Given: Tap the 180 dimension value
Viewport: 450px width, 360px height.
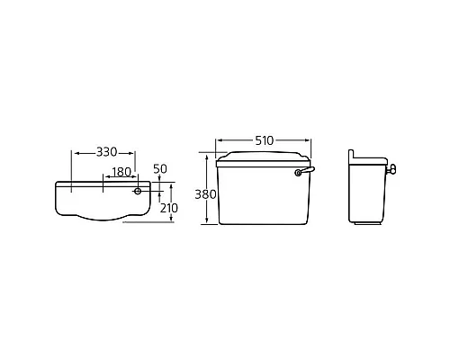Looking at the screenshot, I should click(x=121, y=172).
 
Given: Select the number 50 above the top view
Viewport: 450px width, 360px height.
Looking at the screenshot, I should click(x=161, y=169).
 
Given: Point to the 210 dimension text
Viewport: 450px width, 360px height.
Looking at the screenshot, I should click(x=168, y=208).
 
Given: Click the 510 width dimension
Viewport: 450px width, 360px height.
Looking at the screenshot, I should click(x=265, y=141).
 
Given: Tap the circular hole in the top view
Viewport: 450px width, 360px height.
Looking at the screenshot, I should click(x=138, y=190).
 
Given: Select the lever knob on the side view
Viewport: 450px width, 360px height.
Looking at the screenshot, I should click(x=393, y=168).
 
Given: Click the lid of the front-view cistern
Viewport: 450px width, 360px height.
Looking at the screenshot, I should click(x=264, y=159).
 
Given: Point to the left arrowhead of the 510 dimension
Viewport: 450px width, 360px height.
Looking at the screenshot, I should click(x=219, y=141).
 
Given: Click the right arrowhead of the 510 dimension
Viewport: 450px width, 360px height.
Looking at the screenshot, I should click(x=312, y=141).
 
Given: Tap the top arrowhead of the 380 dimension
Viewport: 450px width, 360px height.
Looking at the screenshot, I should click(x=208, y=156).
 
